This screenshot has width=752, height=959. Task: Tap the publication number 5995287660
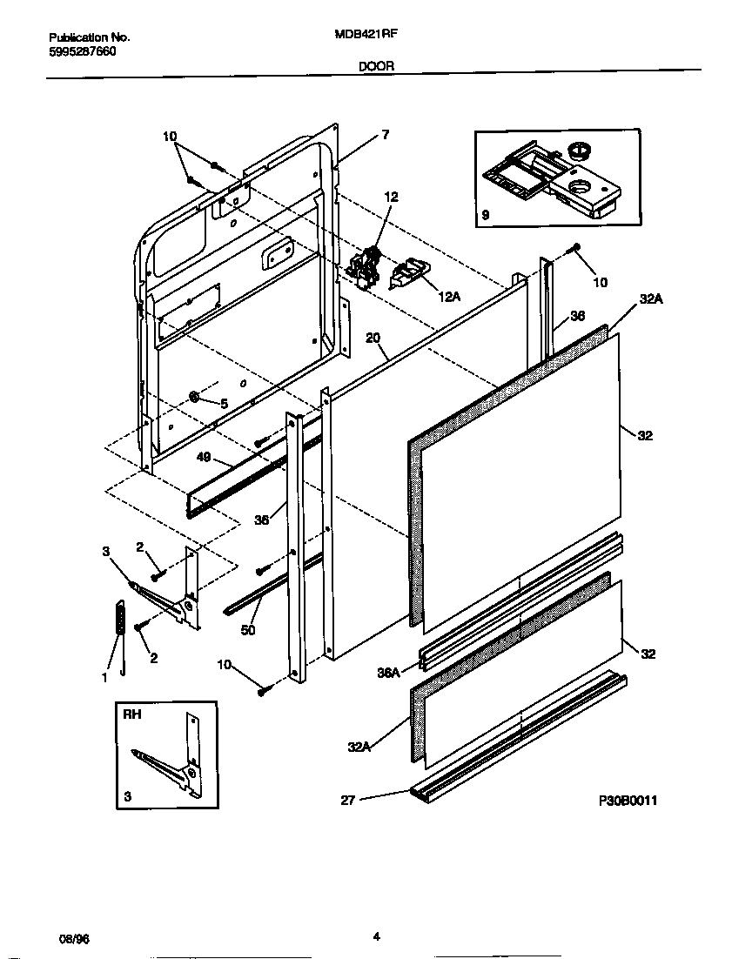point(82,51)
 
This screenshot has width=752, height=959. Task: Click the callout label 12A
point(448,297)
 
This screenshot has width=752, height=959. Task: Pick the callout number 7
point(385,135)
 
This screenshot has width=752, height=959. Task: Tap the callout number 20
point(373,338)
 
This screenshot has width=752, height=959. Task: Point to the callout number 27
point(347,800)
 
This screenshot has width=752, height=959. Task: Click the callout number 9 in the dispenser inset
point(485,214)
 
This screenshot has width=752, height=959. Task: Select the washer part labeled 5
point(196,399)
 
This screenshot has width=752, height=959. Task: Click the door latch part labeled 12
point(366,263)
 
